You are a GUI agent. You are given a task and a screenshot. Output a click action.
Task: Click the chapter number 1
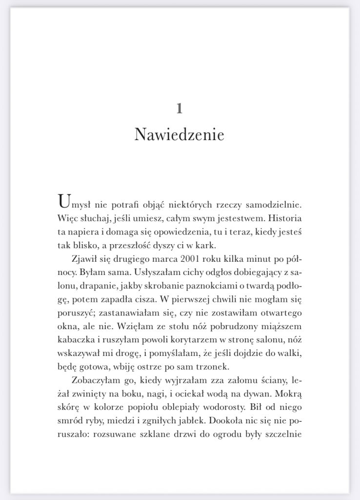(x=180, y=108)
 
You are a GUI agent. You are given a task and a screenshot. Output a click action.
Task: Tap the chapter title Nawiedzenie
(x=179, y=134)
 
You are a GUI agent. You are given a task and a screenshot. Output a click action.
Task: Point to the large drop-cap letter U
(x=63, y=201)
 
